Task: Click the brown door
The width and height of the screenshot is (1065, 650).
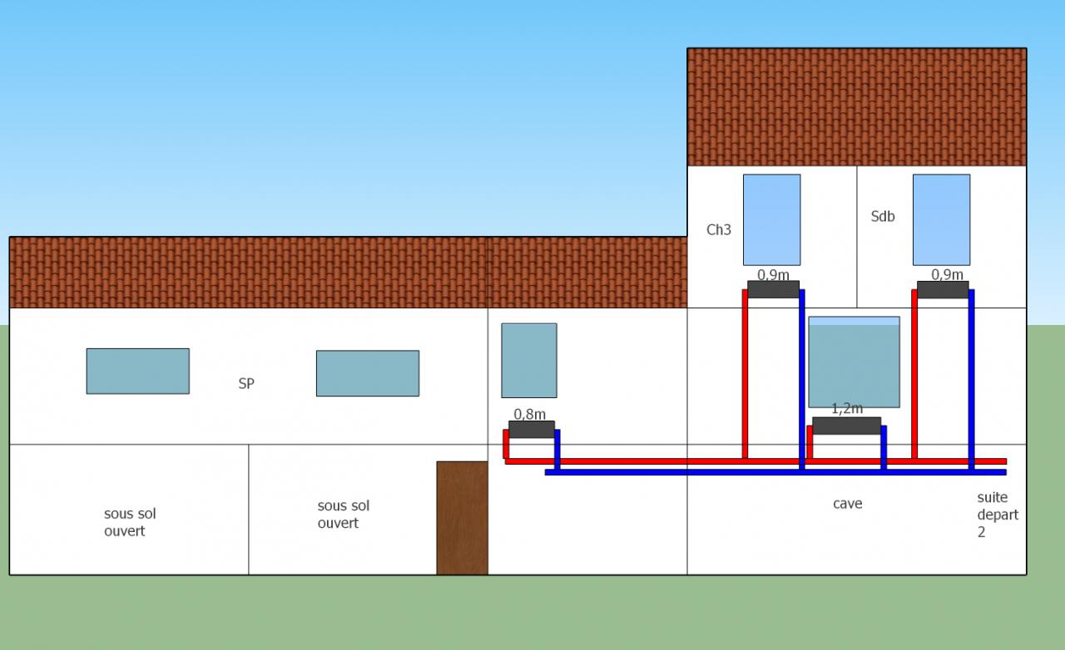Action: [x=462, y=517]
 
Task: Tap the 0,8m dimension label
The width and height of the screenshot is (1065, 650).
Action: [x=529, y=414]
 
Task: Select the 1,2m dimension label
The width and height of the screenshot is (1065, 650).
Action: [x=847, y=409]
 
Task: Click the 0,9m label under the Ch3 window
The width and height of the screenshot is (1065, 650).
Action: [x=773, y=274]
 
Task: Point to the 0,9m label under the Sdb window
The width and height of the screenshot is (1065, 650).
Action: [x=947, y=274]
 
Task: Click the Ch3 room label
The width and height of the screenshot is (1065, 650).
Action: [x=719, y=229]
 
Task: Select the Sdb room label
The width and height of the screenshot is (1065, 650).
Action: [x=883, y=216]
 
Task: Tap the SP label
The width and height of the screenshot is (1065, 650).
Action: [x=246, y=384]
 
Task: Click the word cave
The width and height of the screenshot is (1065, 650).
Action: [x=847, y=504]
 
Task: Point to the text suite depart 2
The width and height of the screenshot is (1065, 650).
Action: [x=998, y=515]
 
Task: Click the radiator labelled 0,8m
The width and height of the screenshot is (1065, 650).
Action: [x=532, y=429]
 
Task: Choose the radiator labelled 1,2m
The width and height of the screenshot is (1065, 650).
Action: [x=846, y=426]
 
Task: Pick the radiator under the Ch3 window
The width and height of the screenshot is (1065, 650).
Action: [x=773, y=289]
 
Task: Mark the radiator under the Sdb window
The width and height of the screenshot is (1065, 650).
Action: [x=943, y=289]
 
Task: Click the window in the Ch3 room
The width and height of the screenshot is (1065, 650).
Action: [x=771, y=219]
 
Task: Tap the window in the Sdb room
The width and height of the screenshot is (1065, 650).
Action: [x=941, y=219]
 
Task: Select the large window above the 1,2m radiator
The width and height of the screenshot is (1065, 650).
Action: [x=854, y=362]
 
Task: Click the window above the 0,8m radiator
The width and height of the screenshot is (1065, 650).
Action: [x=528, y=360]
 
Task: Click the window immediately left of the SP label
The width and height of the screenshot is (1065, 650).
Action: [x=137, y=371]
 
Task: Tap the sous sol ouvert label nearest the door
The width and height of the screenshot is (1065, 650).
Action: [x=343, y=515]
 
